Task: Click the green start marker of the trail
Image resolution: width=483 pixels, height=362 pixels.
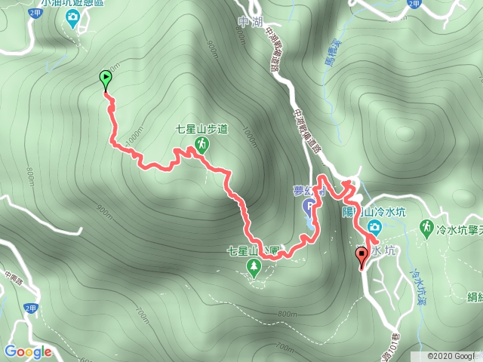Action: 105,78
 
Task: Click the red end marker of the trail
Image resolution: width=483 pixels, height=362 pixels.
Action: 361,256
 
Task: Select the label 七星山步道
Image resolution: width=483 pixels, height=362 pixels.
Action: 201,129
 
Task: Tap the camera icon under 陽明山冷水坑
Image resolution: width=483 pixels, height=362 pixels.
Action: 374,227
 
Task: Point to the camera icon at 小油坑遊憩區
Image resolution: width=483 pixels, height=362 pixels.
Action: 72,20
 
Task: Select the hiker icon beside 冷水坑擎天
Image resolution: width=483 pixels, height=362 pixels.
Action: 426,226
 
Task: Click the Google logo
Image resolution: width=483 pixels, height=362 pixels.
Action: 28,351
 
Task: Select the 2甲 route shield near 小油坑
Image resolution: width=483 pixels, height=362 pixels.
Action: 34,13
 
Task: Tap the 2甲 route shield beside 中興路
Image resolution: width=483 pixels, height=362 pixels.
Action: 31,308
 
